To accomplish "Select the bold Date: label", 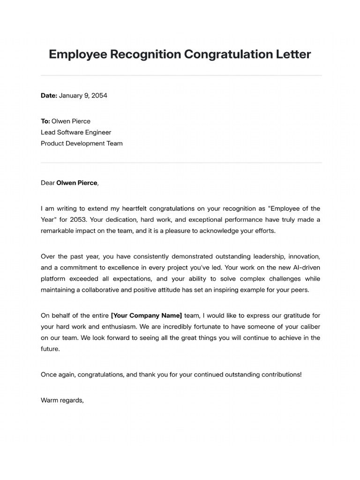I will pos(49,96).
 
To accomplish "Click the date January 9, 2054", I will pos(83,96).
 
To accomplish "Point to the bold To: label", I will pos(45,121).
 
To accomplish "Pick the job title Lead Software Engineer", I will pos(76,132).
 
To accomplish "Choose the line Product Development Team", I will pos(82,143).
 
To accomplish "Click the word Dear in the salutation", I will pos(48,183).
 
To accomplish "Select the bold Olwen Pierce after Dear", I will pos(77,183).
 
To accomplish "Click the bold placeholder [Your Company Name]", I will pos(146,315).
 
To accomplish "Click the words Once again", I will pos(58,375).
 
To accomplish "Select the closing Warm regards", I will pos(62,400).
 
